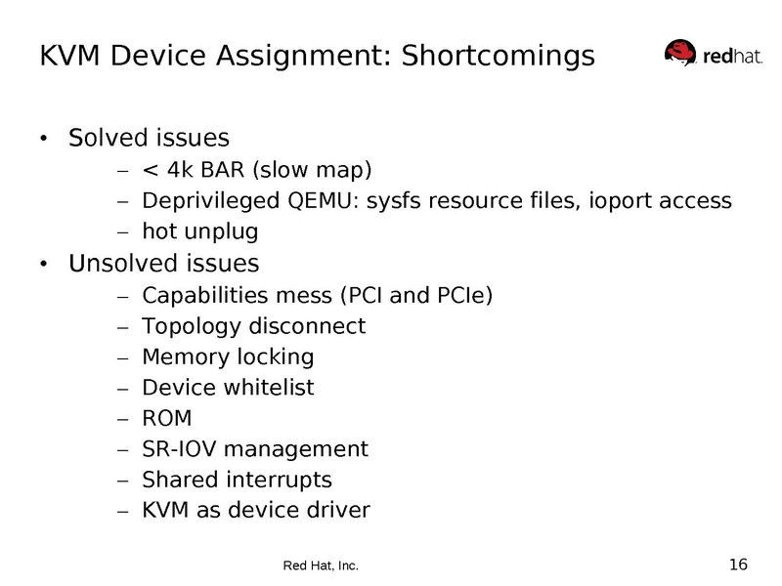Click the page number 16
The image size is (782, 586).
[738, 564]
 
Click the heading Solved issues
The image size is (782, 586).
[149, 137]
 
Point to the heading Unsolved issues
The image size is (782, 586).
[163, 264]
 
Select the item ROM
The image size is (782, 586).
[167, 419]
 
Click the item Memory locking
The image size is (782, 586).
[228, 356]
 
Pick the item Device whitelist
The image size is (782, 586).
[228, 388]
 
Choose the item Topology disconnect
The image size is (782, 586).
[253, 325]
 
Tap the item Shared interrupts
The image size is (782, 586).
[237, 481]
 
